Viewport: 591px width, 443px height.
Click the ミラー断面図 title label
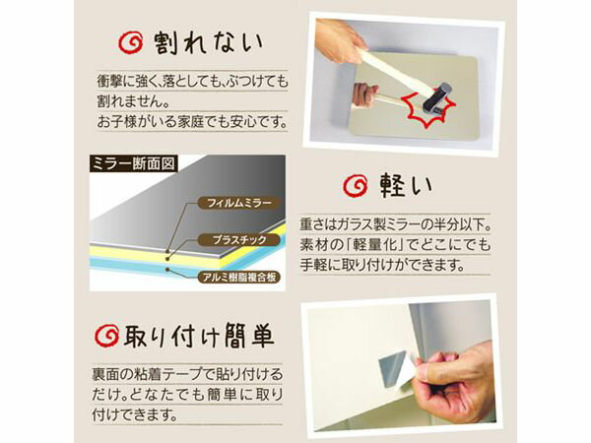pos(134,163)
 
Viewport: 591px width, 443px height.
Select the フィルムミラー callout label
pos(230,204)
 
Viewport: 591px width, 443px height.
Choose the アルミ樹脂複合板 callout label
pos(237,277)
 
